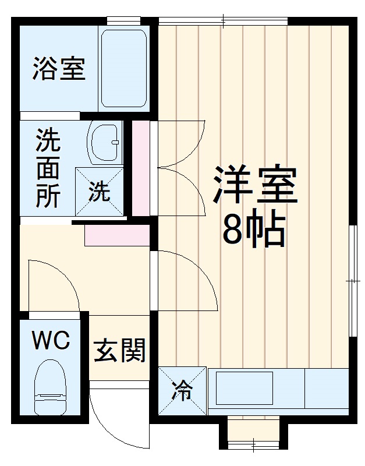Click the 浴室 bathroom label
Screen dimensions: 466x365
tap(58, 68)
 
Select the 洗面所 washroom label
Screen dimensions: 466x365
tap(48, 168)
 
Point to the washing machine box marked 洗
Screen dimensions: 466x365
tap(100, 191)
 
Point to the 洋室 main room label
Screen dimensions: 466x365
tap(255, 185)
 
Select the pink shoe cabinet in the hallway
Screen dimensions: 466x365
tap(116, 234)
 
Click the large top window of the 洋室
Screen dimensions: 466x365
tap(222, 22)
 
